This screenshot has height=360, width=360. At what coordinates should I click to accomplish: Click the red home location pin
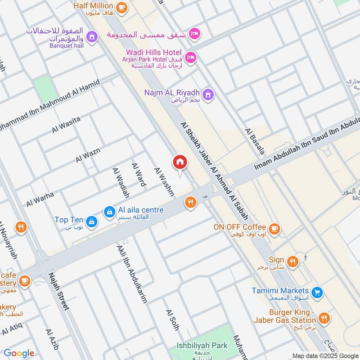180,162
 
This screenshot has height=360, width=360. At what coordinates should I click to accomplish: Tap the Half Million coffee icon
121,7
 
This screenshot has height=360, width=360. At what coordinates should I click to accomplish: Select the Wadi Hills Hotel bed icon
191,58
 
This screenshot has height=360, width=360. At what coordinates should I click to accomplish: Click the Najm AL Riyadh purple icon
207,94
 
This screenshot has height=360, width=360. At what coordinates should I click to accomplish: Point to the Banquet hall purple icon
92,36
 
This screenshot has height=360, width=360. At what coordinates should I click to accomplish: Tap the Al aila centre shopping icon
109,211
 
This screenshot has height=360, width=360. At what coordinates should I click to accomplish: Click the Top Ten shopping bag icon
92,220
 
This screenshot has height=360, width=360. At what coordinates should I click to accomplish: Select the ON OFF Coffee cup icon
274,228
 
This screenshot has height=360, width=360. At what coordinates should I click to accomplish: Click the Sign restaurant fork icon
292,261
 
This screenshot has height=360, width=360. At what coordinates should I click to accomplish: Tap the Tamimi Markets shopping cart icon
318,292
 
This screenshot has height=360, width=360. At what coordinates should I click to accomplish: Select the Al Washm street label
164,182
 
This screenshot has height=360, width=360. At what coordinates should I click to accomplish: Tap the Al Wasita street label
66,124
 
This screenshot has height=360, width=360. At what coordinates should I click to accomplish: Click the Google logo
19,353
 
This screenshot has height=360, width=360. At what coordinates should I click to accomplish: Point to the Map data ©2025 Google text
325,355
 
